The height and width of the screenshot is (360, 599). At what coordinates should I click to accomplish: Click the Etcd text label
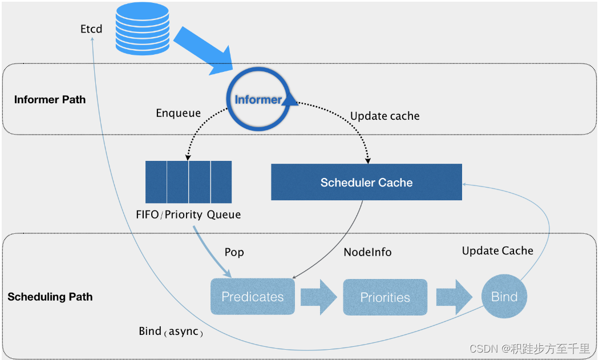(91, 29)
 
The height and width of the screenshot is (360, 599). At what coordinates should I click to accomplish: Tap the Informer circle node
(258, 100)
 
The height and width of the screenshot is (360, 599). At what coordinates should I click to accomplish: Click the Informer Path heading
(50, 100)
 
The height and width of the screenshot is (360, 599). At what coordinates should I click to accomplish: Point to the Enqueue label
(178, 113)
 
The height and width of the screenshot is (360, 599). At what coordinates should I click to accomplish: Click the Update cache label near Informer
(385, 116)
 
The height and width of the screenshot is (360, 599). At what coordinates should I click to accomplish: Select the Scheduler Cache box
(366, 183)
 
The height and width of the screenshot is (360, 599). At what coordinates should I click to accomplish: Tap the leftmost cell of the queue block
(156, 182)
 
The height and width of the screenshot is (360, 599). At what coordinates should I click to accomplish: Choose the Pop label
(234, 252)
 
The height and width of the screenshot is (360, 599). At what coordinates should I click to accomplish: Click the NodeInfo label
(367, 252)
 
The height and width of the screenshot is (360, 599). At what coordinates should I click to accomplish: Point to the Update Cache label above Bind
(497, 250)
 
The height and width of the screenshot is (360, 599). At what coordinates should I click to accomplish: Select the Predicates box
(252, 297)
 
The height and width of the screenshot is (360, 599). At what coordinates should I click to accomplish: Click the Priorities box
(385, 297)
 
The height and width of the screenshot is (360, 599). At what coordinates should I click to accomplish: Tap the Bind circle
(504, 297)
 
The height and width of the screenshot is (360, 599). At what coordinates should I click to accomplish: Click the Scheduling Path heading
(50, 297)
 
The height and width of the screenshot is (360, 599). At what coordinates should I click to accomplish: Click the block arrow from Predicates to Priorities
(319, 297)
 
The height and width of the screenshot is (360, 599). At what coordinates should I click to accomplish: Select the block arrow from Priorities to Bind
(454, 297)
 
